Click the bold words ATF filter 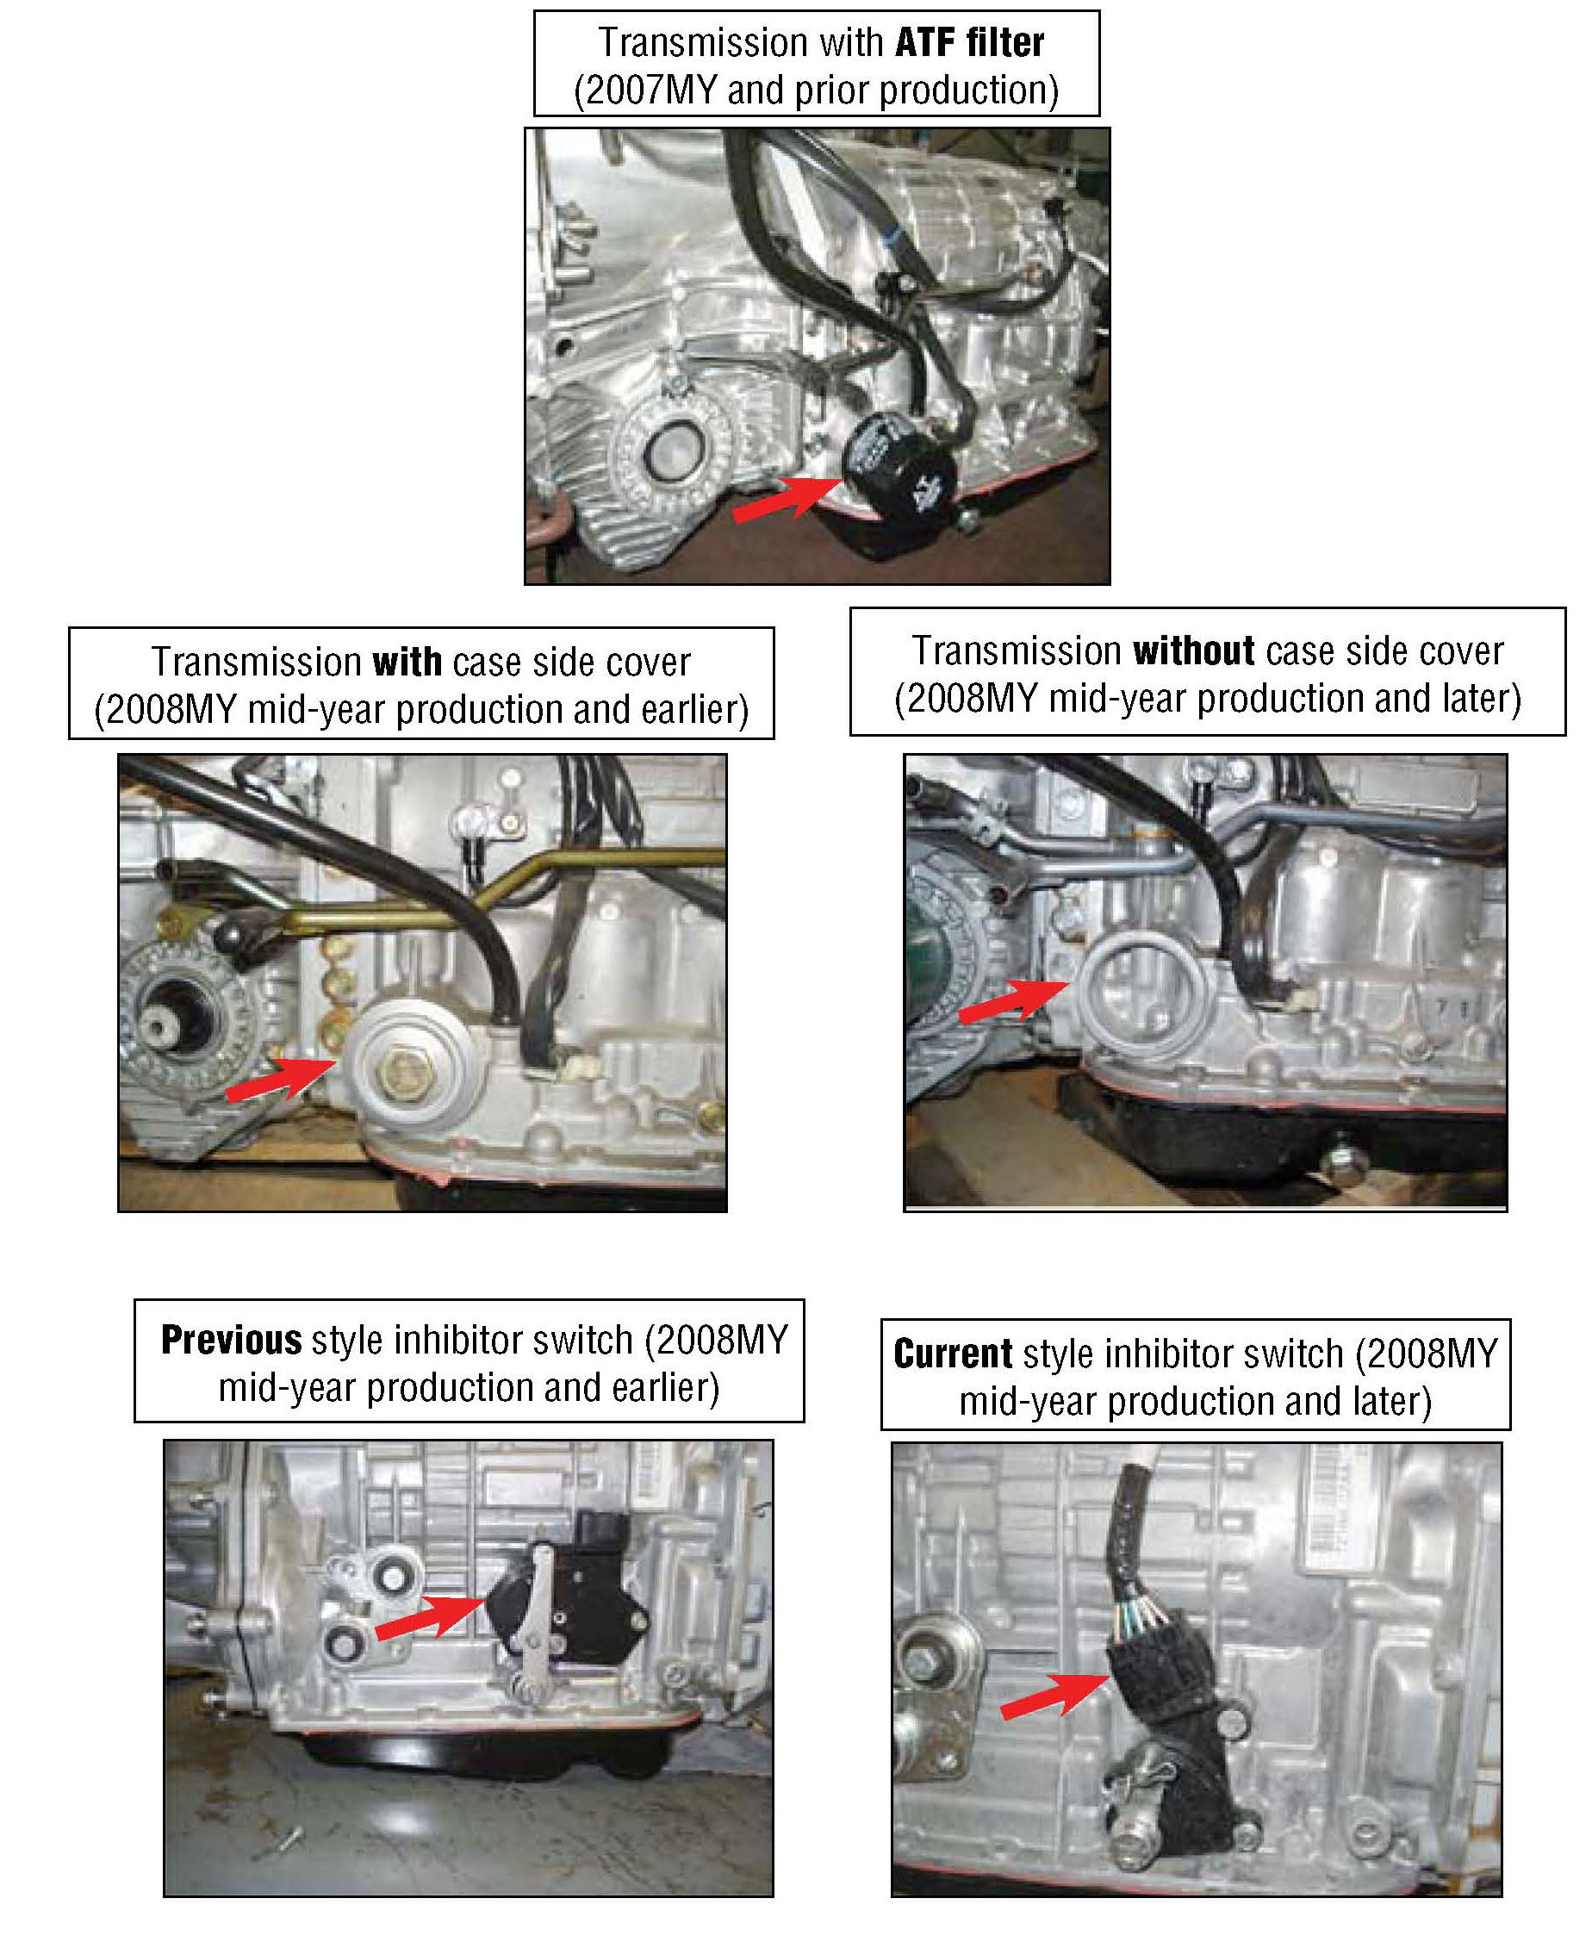(969, 43)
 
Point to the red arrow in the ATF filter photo (788, 500)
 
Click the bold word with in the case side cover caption (407, 662)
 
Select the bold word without (1194, 651)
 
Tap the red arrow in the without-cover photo (1014, 1000)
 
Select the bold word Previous (231, 1340)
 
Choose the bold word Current (953, 1354)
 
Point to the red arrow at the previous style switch (431, 1615)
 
